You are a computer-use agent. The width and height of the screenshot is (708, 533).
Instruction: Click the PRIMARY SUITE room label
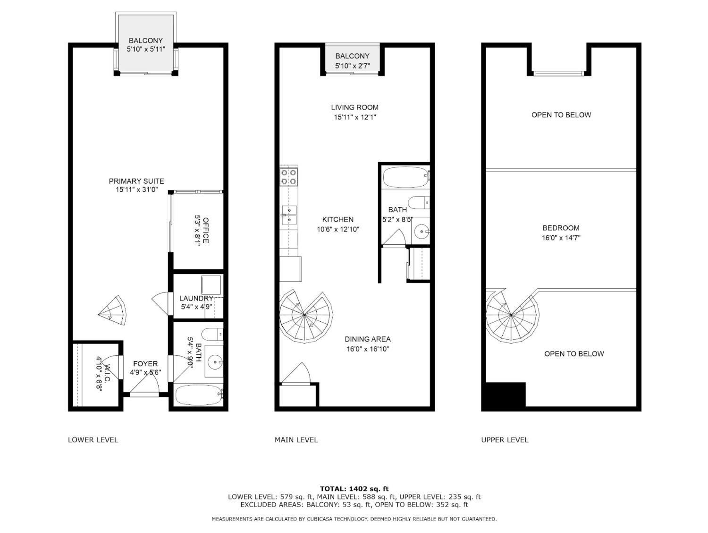136,181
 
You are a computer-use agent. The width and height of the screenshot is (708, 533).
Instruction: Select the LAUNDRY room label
196,299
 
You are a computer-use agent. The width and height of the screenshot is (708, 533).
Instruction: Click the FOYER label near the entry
145,364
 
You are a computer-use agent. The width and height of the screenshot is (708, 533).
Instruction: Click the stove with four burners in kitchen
289,176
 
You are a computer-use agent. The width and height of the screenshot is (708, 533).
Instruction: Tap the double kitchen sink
288,214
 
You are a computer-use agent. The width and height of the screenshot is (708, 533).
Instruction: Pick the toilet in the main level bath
419,203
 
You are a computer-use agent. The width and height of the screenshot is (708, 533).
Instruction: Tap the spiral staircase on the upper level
511,315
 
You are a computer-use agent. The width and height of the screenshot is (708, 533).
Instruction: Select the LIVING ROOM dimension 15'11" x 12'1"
354,117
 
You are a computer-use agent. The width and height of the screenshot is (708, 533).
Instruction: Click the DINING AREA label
367,339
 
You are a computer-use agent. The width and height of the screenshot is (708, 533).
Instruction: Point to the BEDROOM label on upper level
561,228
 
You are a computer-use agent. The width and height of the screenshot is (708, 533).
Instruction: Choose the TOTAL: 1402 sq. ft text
354,489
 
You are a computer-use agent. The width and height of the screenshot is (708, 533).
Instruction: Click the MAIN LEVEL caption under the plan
296,440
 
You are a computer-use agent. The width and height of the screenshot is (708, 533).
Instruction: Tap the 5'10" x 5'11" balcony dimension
146,49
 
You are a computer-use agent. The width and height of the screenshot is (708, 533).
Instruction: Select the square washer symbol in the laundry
211,284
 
